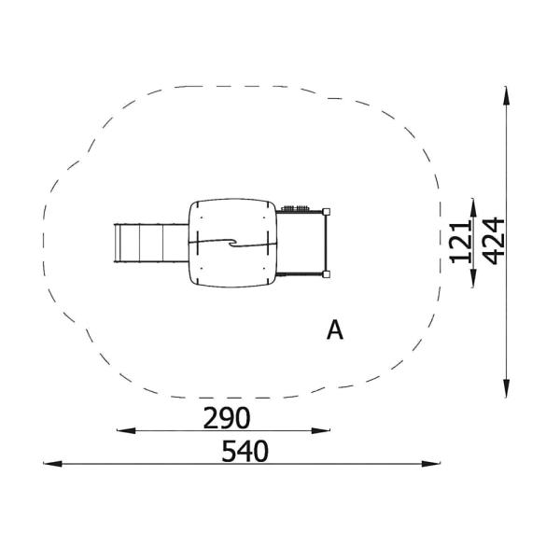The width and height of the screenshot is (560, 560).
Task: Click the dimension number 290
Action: [227, 418]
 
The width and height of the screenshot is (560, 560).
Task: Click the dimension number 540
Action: [245, 451]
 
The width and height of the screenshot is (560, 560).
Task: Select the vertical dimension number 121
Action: [461, 242]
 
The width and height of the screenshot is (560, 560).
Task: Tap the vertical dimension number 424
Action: [493, 241]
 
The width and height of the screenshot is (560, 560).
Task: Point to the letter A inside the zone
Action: [335, 330]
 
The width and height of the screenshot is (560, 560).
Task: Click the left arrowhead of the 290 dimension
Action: [126, 430]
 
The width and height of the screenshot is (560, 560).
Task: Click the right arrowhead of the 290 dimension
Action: [321, 430]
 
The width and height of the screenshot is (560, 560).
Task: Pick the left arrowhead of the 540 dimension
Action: [52, 464]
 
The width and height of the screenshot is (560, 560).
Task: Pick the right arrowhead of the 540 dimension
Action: [430, 464]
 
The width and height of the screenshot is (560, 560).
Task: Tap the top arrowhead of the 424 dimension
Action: [506, 96]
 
